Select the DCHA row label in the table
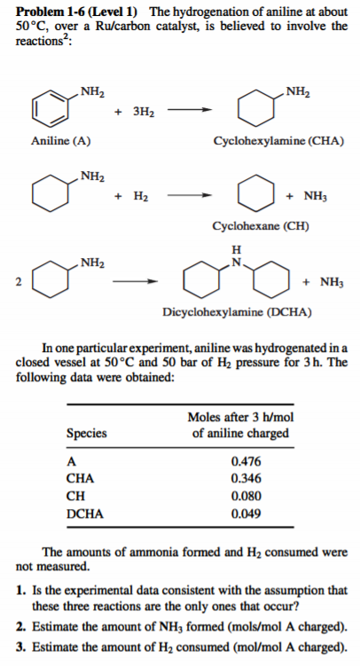(x=85, y=513)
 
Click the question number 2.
(x=20, y=625)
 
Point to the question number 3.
(x=20, y=645)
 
